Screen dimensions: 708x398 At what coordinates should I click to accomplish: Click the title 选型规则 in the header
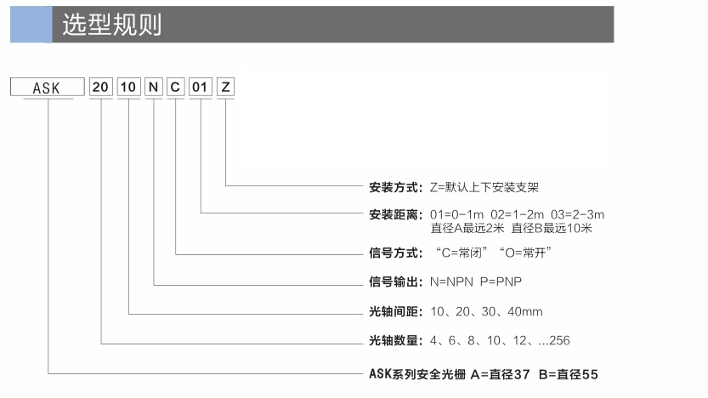coord(111,25)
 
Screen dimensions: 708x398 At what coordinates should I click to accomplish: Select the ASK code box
coord(48,87)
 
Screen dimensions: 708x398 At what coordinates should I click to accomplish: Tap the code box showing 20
coord(100,87)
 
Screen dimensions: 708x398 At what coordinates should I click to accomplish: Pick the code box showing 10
coord(128,87)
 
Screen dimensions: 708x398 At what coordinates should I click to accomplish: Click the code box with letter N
coord(154,87)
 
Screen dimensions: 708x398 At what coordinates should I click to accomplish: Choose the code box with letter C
coord(175,87)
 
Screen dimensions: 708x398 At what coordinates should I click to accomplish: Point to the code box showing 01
coord(200,87)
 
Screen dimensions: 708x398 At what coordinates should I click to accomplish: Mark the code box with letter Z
coord(225,87)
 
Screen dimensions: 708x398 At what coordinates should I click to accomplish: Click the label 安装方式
coord(395,187)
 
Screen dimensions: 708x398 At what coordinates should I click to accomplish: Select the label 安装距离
coord(395,214)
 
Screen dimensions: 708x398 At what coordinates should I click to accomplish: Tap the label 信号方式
coord(395,253)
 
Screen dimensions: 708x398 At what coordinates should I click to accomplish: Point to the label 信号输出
coord(395,281)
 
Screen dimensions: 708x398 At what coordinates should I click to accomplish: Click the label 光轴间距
coord(395,311)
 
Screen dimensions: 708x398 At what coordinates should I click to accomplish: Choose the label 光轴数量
coord(395,340)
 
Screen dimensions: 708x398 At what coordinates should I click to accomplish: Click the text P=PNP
coord(501,281)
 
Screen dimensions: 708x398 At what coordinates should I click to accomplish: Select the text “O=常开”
coord(525,253)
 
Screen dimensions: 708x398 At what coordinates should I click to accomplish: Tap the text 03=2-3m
coord(577,214)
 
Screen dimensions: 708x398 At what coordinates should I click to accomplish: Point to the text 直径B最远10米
coord(552,228)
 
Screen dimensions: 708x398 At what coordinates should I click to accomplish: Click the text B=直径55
coord(569,374)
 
